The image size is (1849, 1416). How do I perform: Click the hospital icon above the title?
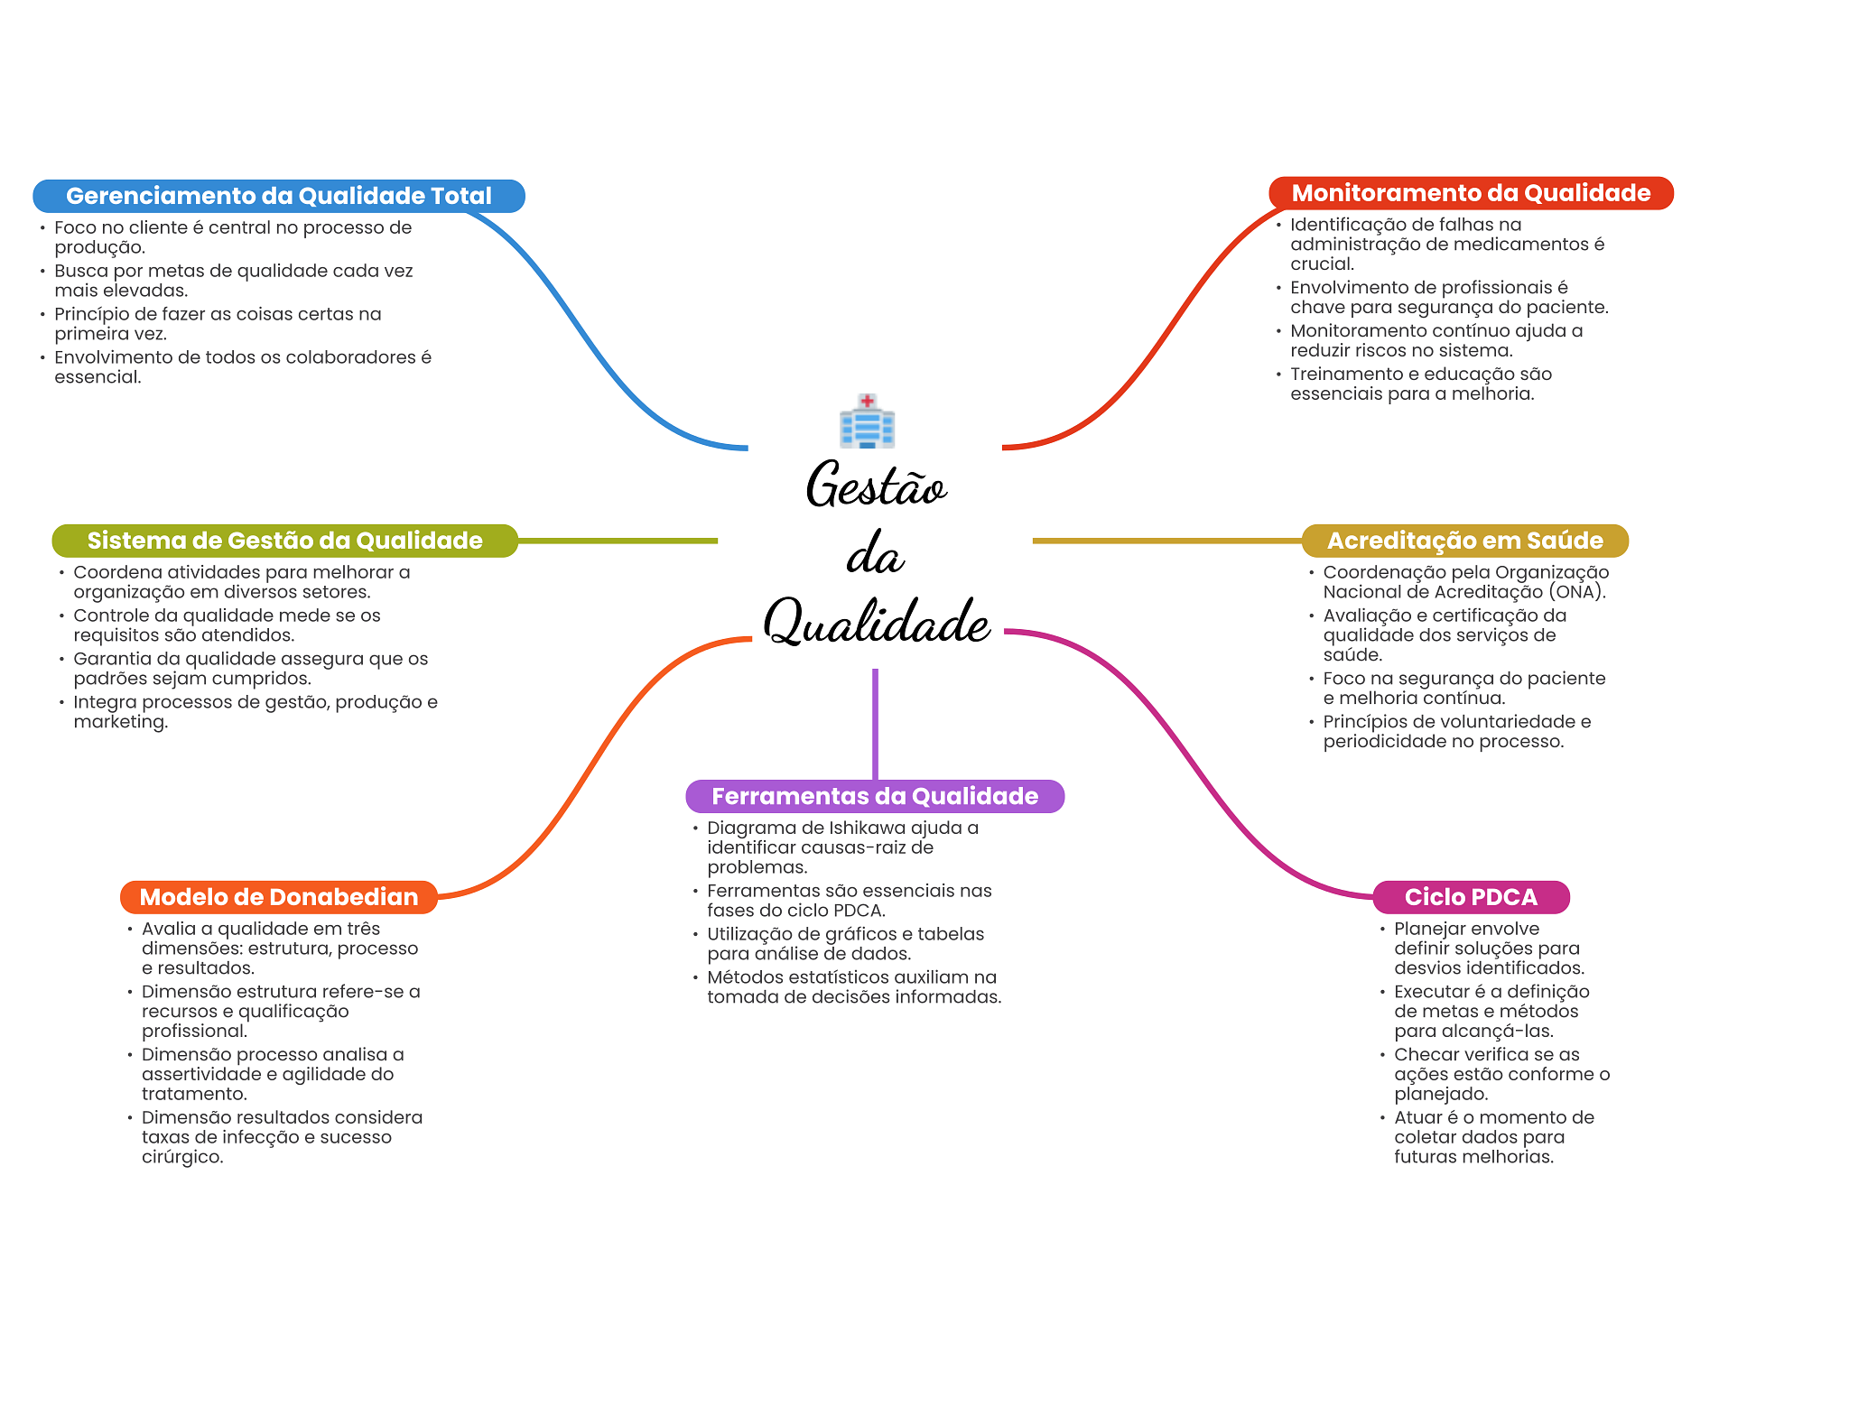[867, 421]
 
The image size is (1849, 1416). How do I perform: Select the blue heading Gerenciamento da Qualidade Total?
[278, 196]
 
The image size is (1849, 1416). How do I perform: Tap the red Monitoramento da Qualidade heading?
[1471, 193]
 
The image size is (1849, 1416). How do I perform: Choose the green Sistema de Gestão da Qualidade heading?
[284, 541]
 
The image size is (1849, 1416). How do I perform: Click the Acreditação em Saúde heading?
[1464, 541]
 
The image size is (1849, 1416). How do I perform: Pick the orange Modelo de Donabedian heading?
[278, 897]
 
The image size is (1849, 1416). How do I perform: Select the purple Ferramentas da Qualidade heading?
[875, 796]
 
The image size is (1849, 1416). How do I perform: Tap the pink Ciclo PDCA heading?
[1471, 897]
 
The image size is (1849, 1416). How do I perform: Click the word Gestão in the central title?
[876, 486]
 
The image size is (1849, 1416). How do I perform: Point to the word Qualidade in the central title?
[876, 622]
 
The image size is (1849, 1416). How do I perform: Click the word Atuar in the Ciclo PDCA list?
[1418, 1118]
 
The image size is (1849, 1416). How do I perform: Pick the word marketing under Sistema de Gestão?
[120, 723]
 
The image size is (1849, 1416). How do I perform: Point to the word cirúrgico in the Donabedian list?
[181, 1158]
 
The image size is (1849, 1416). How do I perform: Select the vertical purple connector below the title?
[875, 723]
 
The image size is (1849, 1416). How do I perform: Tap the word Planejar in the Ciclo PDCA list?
[1431, 929]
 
